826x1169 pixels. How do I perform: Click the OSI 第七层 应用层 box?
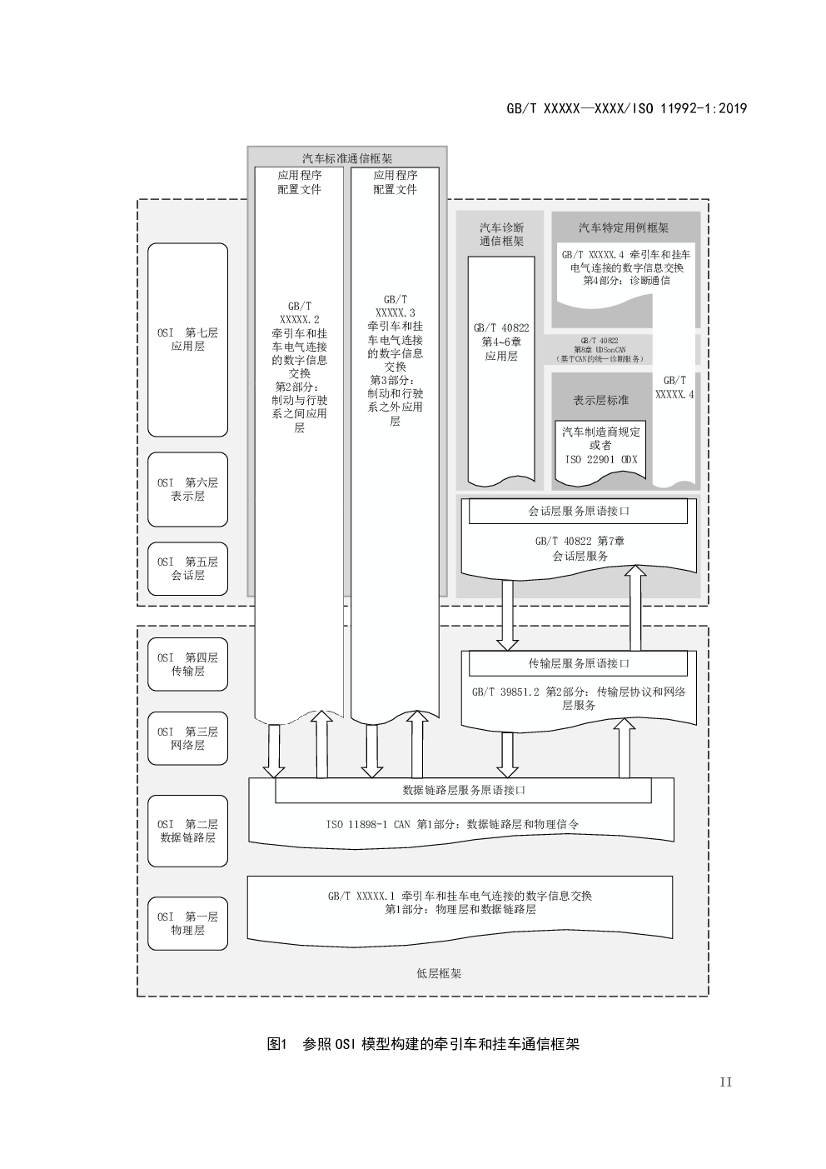click(187, 339)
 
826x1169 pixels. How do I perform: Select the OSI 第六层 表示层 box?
click(187, 489)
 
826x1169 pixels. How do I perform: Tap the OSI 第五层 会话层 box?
click(187, 568)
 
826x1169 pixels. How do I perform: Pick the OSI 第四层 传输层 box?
click(187, 664)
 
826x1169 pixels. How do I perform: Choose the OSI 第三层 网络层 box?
click(187, 738)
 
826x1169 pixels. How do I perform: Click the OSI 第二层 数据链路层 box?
click(187, 831)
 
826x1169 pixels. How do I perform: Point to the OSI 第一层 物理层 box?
click(187, 923)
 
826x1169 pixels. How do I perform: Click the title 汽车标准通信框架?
click(347, 158)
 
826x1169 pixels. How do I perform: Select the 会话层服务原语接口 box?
click(578, 512)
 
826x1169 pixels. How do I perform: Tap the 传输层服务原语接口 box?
click(578, 664)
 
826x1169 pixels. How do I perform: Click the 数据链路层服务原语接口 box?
click(463, 790)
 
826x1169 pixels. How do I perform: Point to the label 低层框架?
click(438, 973)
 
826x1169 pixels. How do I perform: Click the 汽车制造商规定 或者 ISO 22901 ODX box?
click(601, 446)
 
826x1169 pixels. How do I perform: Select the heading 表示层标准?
click(601, 400)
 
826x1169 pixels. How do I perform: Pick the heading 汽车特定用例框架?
click(624, 227)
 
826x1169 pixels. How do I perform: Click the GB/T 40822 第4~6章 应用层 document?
click(501, 342)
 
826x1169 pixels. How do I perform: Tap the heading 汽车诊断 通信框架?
click(501, 234)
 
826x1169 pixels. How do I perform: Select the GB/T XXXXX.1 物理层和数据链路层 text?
click(460, 903)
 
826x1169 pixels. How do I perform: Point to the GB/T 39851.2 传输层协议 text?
click(578, 698)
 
